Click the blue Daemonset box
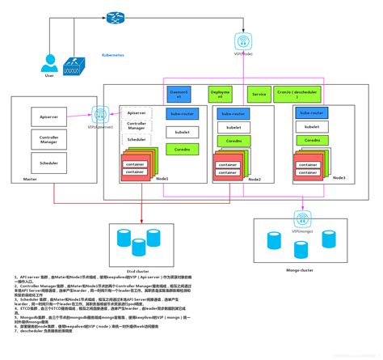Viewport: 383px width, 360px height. click(x=178, y=94)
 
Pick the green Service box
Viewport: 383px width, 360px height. click(x=259, y=94)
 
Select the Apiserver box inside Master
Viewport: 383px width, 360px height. click(x=48, y=117)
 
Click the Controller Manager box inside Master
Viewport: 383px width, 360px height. click(x=48, y=140)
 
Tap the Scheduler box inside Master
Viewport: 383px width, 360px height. click(x=48, y=163)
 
